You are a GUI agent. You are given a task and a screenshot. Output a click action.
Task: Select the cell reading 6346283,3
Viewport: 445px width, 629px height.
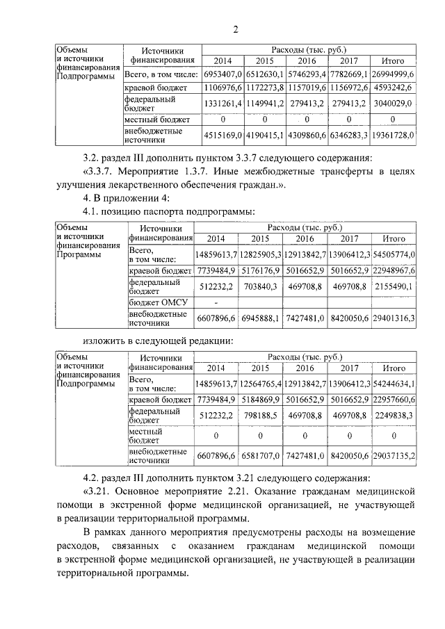point(350,134)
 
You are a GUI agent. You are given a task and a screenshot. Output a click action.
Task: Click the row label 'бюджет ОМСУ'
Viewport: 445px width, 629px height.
point(155,304)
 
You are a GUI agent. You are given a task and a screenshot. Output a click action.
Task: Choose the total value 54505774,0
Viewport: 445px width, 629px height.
point(394,254)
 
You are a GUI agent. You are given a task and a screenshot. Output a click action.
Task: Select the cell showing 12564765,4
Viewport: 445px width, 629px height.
point(260,383)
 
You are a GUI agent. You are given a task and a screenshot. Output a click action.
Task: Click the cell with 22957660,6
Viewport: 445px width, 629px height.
point(394,400)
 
